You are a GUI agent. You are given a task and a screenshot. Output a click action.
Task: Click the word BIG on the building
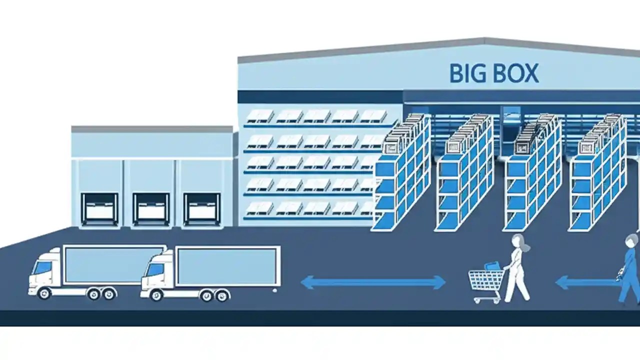(x=467, y=73)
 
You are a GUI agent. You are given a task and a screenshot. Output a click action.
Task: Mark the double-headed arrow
(x=373, y=282)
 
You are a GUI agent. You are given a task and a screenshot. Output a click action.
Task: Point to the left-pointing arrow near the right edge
(x=585, y=283)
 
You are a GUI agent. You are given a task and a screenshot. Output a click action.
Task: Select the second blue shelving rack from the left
(x=465, y=175)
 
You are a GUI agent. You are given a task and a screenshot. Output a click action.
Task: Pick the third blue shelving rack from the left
(x=533, y=175)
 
